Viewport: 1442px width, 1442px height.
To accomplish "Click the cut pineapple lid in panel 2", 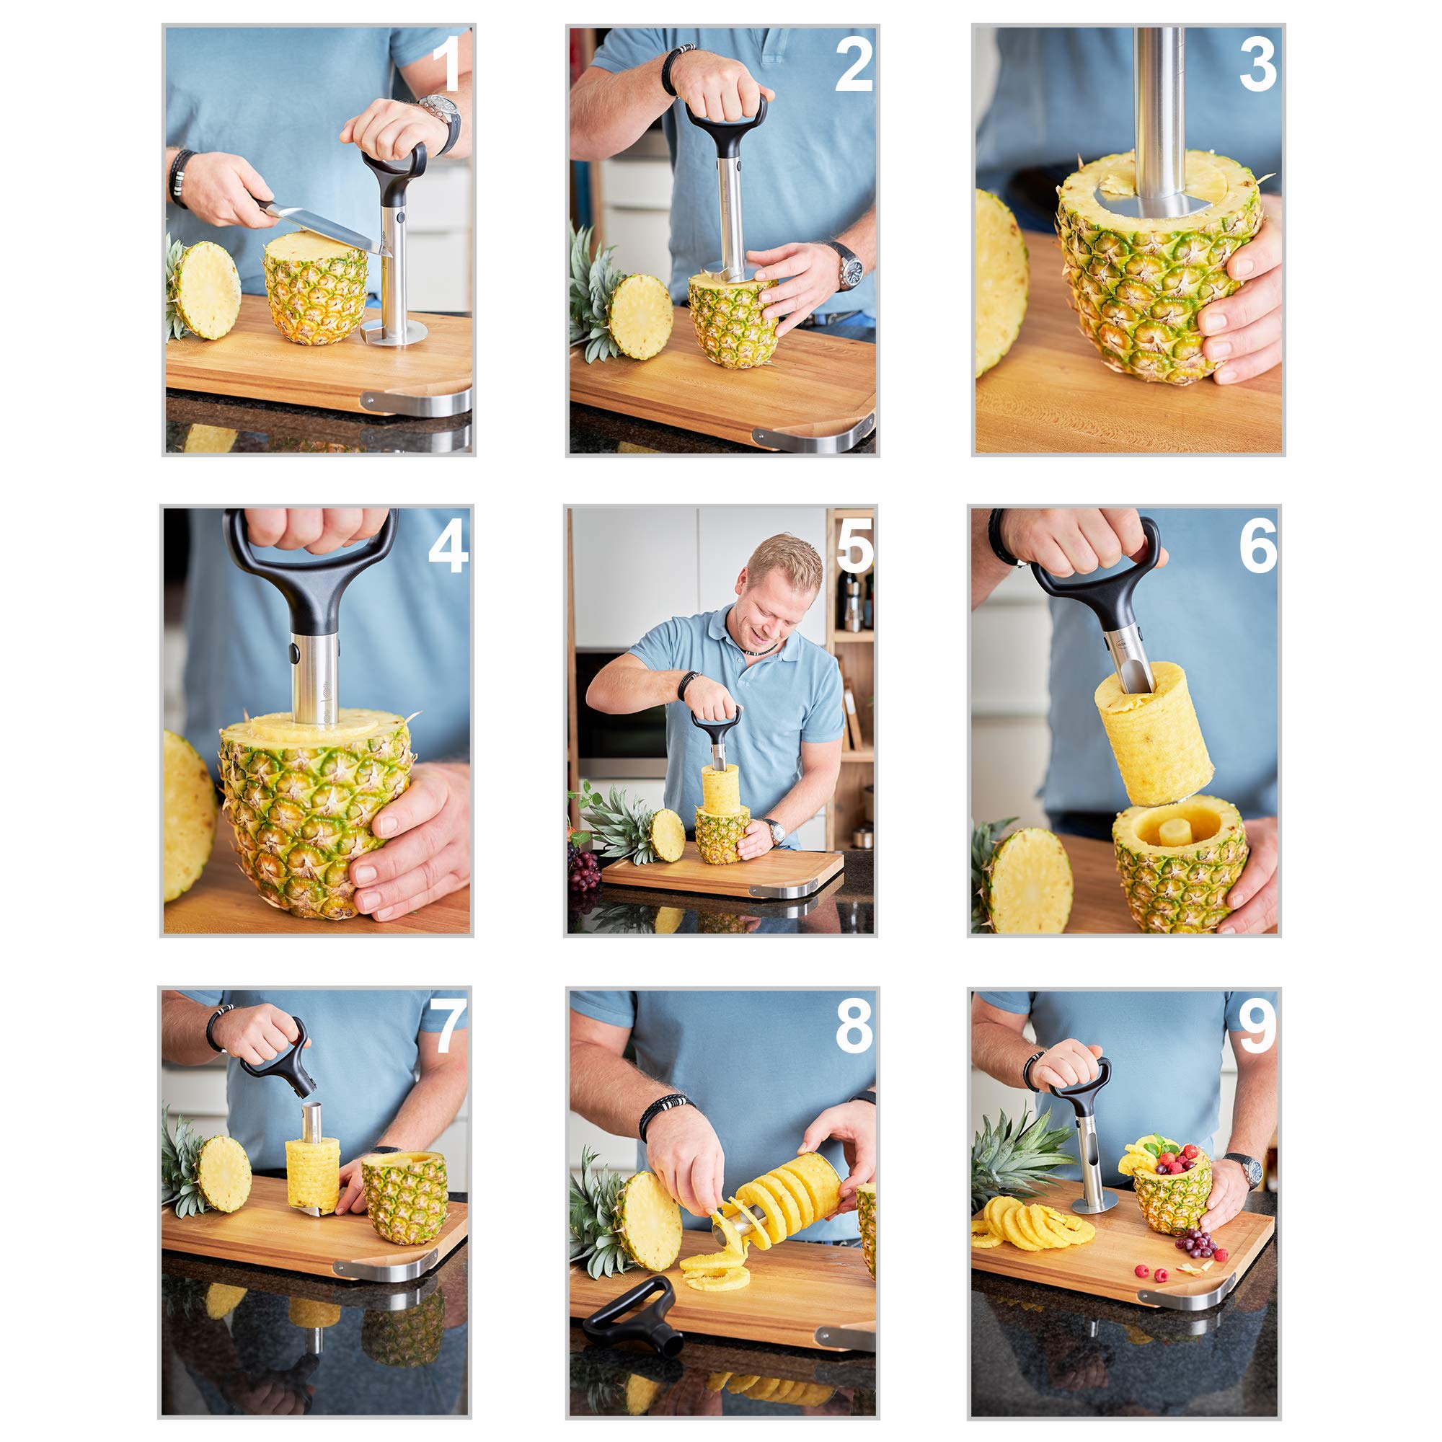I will pyautogui.click(x=640, y=317).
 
